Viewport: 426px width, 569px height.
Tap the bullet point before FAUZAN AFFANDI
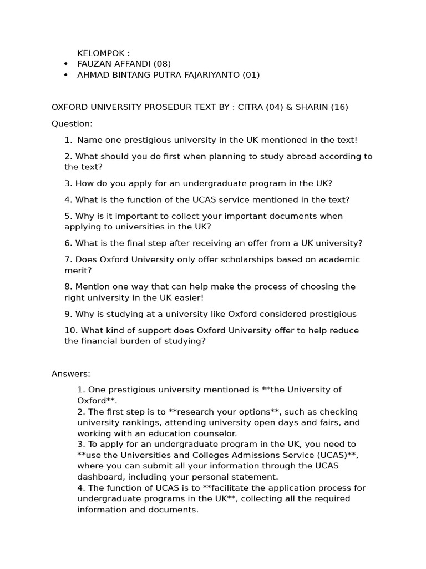pyautogui.click(x=67, y=64)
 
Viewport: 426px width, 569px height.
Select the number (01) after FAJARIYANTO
pyautogui.click(x=251, y=75)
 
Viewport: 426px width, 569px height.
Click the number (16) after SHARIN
pyautogui.click(x=339, y=107)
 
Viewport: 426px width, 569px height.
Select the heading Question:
pyautogui.click(x=72, y=123)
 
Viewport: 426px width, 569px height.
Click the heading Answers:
pyautogui.click(x=71, y=374)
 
